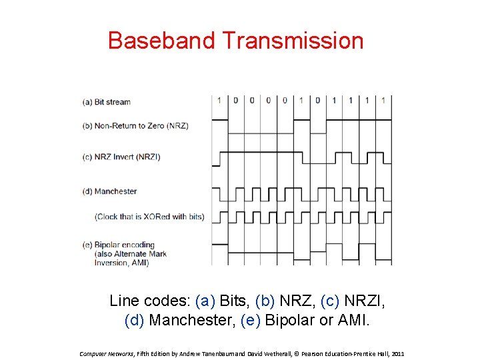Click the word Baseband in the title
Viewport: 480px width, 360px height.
click(162, 41)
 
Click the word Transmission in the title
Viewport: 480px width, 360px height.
click(293, 41)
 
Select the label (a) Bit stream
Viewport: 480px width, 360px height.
click(107, 102)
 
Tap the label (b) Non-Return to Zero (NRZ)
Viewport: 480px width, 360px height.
click(135, 125)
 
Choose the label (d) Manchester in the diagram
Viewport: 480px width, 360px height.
click(109, 191)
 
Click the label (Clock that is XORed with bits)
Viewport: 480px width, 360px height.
click(149, 217)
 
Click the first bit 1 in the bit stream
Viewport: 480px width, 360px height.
click(219, 101)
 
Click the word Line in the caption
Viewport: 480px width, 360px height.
click(124, 301)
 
